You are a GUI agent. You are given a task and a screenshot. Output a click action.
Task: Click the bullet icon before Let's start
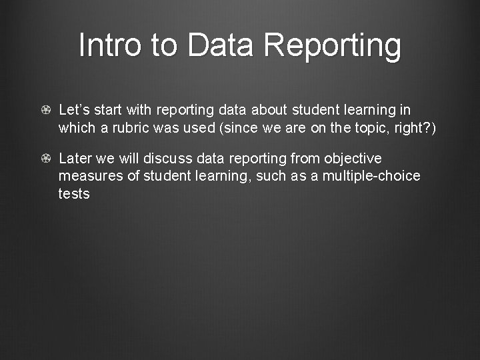point(46,110)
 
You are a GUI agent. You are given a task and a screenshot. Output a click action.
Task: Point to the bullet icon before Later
point(46,159)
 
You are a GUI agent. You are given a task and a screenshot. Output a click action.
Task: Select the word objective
point(353,159)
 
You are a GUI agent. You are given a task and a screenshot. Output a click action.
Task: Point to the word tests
point(74,193)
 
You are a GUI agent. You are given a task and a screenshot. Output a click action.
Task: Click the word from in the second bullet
point(305,159)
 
